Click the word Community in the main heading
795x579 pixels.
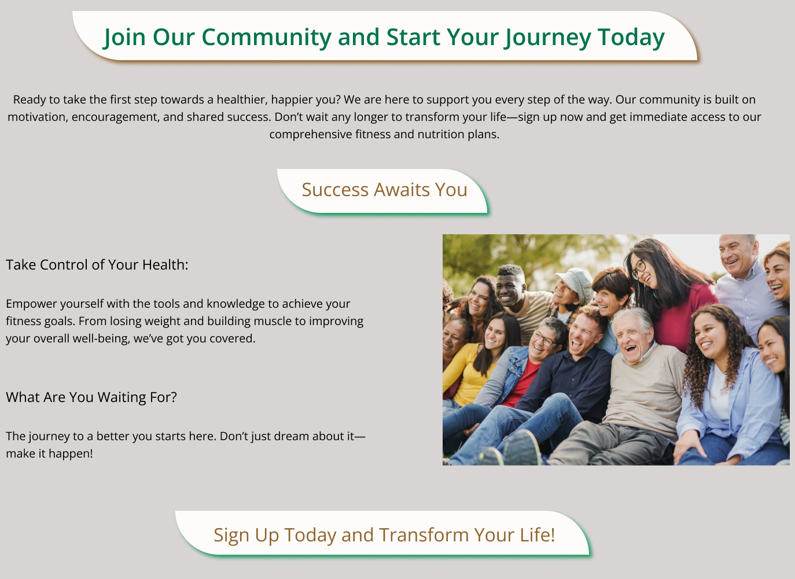click(266, 37)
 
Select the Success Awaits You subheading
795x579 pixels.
click(384, 190)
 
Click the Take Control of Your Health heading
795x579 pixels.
click(97, 265)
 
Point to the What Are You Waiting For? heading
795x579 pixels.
click(91, 397)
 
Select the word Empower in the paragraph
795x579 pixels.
click(31, 304)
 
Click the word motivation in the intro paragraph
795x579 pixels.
click(38, 117)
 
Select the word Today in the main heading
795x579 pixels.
click(631, 37)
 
